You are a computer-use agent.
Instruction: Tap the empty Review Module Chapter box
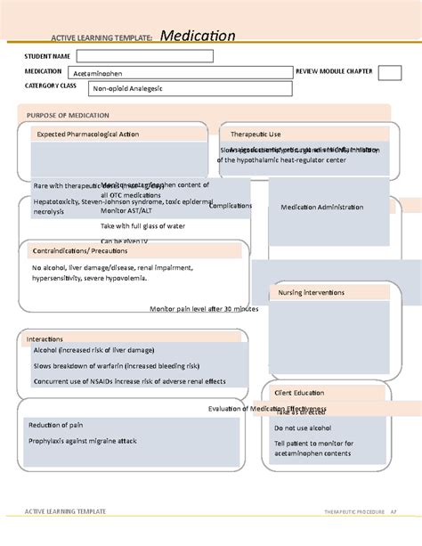point(389,73)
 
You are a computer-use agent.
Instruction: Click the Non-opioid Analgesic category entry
point(123,89)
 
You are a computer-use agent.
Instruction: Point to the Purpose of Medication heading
point(68,116)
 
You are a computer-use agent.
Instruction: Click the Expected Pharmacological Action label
point(87,134)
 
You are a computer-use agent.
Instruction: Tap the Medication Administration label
point(321,207)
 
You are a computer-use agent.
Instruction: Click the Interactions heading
point(45,339)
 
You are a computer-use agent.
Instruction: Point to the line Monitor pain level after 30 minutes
point(204,308)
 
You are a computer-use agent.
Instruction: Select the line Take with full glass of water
point(143,227)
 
